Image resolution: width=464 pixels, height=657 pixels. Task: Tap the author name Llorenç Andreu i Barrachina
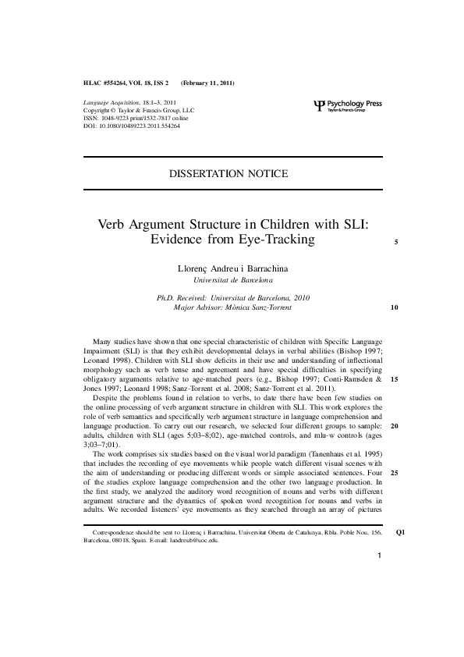click(x=232, y=268)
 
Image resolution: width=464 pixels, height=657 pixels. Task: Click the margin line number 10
click(x=395, y=308)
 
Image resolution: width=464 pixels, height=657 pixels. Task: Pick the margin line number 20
click(x=395, y=427)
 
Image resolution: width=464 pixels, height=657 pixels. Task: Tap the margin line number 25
click(x=395, y=473)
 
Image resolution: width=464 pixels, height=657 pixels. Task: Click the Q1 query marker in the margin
click(x=400, y=534)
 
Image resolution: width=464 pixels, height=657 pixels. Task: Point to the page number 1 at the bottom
click(x=378, y=578)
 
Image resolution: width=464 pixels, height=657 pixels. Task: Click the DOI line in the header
click(x=131, y=125)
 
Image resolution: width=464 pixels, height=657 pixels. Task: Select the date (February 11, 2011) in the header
click(x=207, y=83)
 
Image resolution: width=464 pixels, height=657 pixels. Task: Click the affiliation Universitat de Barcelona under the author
click(x=232, y=279)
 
